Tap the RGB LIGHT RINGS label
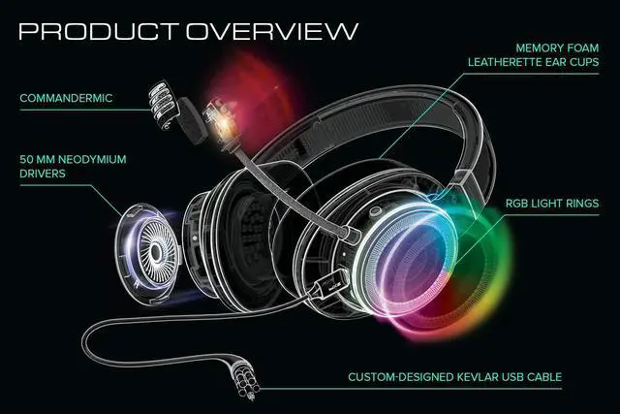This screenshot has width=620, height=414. click(551, 205)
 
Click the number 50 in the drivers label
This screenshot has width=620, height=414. click(28, 158)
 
